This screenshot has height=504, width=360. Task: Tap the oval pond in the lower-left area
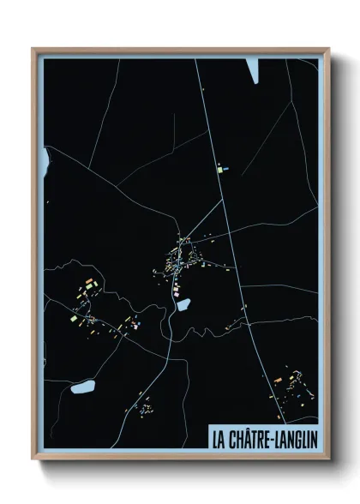click(84, 388)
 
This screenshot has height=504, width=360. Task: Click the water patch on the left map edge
click(46, 159)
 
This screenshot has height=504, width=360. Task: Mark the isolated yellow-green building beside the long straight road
click(222, 170)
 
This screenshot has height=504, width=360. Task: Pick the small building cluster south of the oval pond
click(146, 405)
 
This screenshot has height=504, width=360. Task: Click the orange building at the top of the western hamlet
click(89, 280)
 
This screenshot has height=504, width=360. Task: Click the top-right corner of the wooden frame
click(327, 50)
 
